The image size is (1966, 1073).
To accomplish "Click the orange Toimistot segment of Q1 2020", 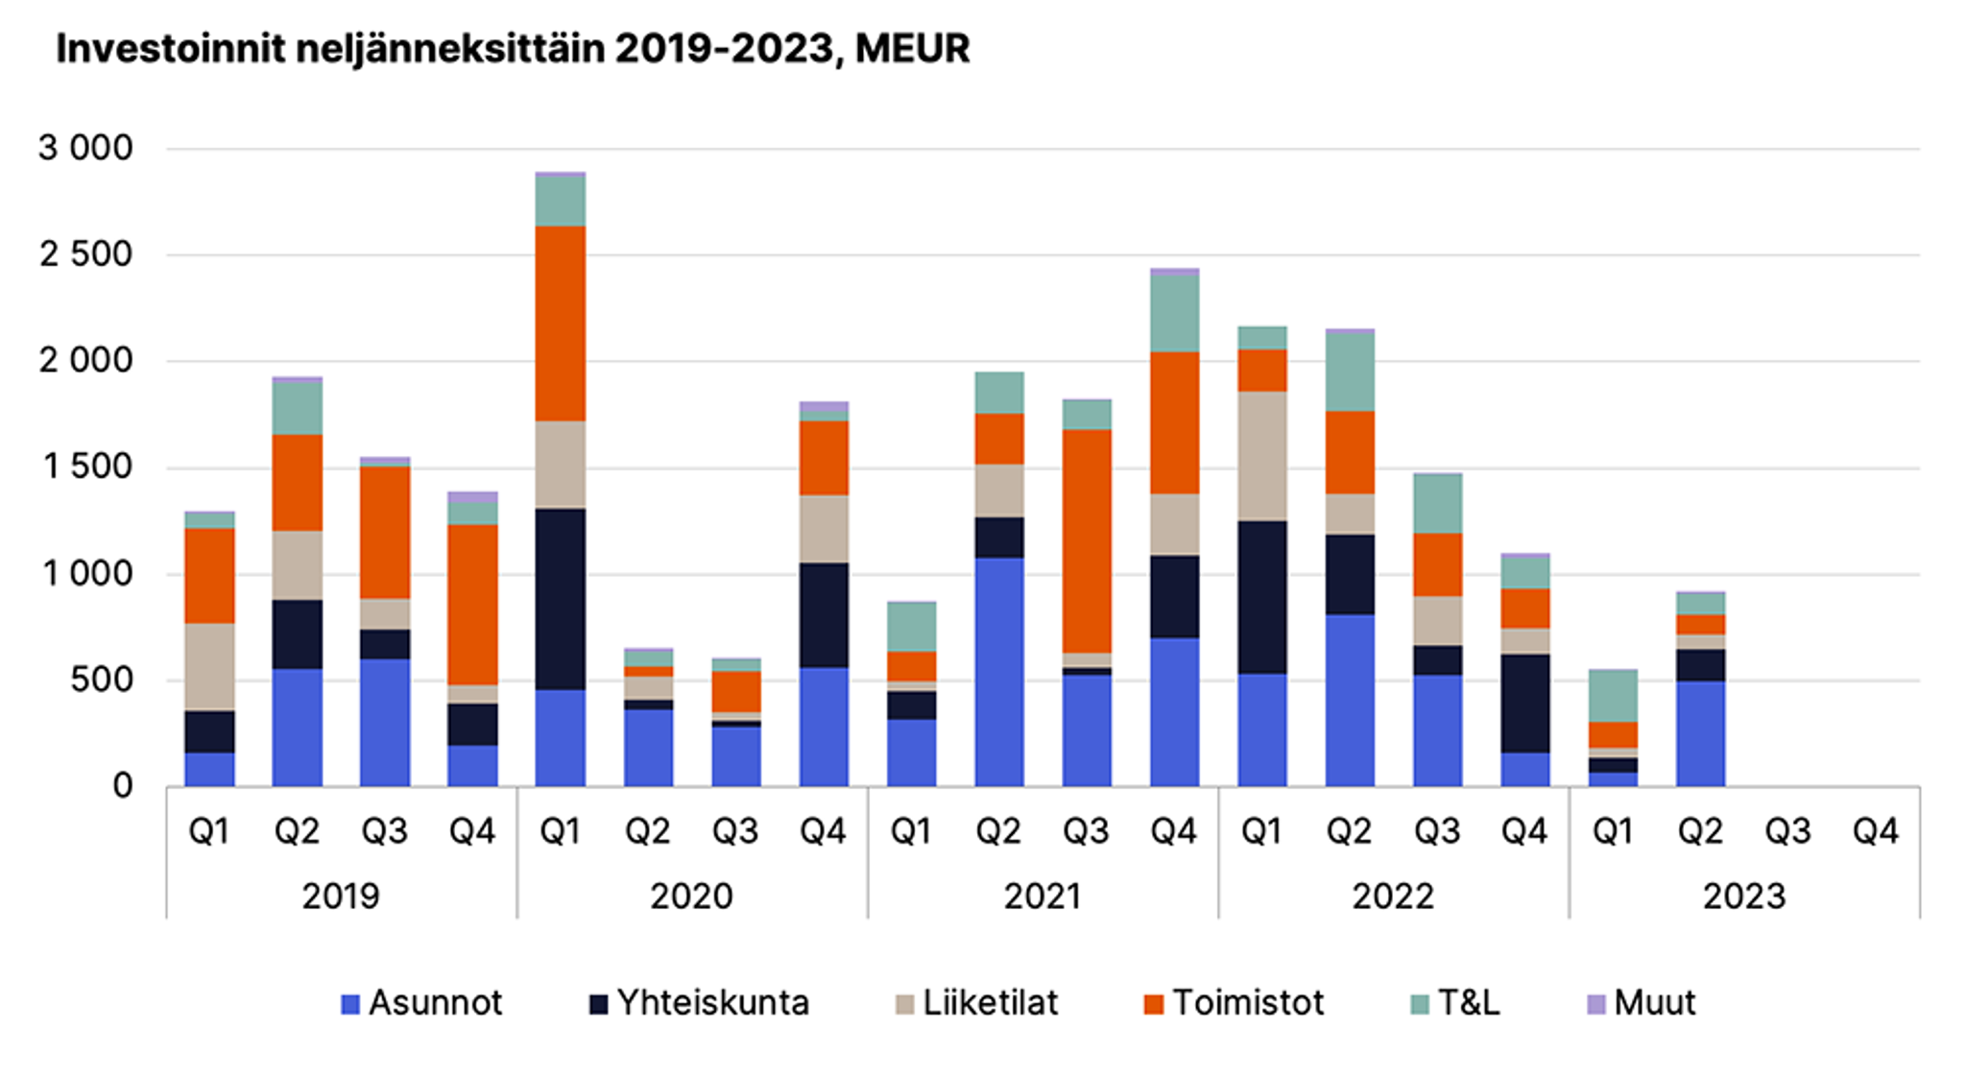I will point(561,323).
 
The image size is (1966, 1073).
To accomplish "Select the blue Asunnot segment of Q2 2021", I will point(999,672).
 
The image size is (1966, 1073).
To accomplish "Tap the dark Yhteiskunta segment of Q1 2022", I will point(1262,597).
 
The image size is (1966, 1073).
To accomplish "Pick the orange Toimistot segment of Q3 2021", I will point(1087,541).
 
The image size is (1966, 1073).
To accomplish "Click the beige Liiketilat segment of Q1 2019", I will point(209,667).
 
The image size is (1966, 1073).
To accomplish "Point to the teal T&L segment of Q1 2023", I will point(1613,696).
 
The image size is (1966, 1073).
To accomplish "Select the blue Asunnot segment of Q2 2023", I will point(1700,733).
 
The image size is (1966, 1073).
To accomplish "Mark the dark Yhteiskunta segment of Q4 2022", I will point(1525,703).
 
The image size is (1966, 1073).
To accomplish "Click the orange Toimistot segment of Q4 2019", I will point(472,605).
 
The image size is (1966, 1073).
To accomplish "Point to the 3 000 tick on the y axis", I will point(85,149).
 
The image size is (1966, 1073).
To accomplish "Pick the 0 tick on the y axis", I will point(122,786).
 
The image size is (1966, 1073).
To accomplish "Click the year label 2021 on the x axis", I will point(1043,896).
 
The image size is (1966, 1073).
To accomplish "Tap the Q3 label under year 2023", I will point(1787,831).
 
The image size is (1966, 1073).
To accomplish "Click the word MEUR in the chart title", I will point(912,49).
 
